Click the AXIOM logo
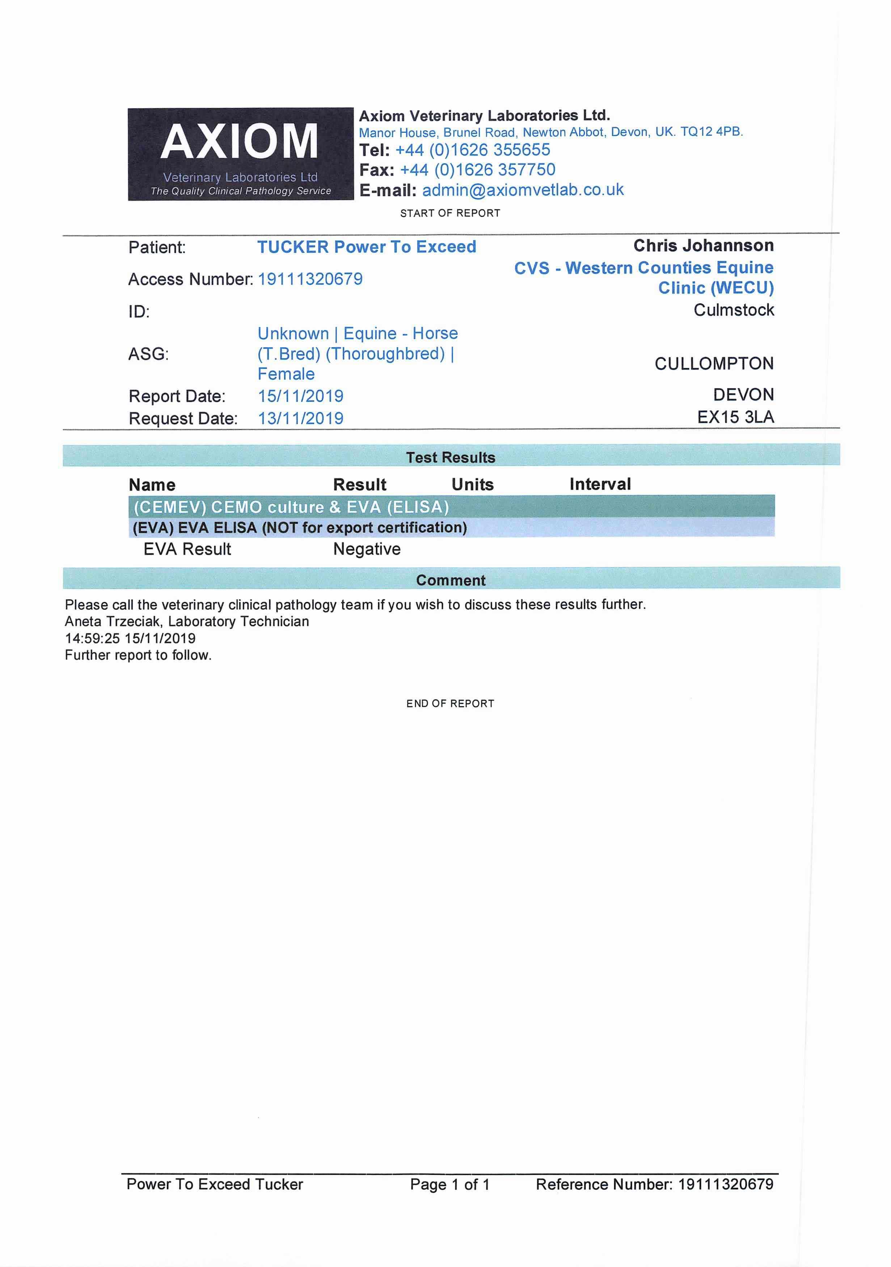[x=240, y=153]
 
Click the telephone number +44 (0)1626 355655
[x=473, y=150]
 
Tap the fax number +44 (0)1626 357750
[x=477, y=170]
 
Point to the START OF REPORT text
[x=450, y=213]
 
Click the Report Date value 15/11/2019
[x=300, y=396]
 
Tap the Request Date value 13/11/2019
[x=300, y=418]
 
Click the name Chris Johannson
[x=703, y=246]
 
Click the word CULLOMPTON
[x=714, y=363]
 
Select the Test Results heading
[x=451, y=458]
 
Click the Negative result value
[x=367, y=549]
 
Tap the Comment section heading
[x=451, y=580]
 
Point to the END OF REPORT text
[x=450, y=703]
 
